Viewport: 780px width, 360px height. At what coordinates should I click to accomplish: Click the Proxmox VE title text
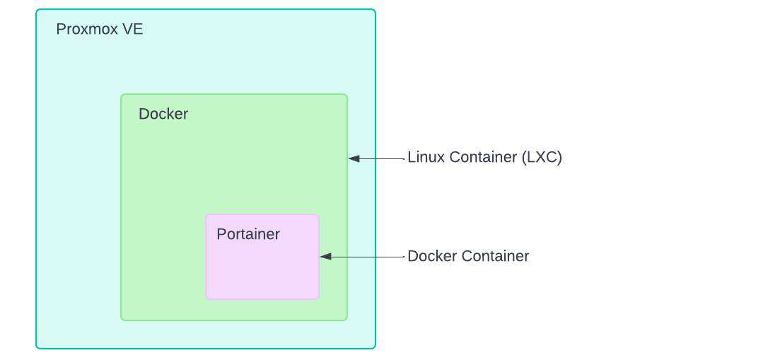(x=99, y=30)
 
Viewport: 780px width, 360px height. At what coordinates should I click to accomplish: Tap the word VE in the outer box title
(x=133, y=30)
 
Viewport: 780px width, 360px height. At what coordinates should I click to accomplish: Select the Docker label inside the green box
(x=163, y=114)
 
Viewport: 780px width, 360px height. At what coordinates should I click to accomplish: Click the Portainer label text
(x=248, y=234)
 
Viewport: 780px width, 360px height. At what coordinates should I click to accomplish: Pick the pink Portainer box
(x=262, y=265)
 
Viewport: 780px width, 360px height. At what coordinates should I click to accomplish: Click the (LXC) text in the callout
(x=542, y=157)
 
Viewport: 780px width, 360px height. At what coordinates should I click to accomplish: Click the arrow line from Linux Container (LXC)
(x=382, y=158)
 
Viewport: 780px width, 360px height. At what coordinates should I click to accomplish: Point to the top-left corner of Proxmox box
(x=37, y=10)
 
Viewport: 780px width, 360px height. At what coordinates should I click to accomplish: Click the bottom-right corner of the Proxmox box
(x=375, y=348)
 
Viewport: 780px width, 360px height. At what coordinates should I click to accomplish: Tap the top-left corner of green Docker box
(x=122, y=95)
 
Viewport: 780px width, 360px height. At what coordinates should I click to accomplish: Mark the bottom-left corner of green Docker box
(x=122, y=320)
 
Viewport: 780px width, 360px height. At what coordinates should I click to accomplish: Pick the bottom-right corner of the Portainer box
(x=318, y=298)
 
